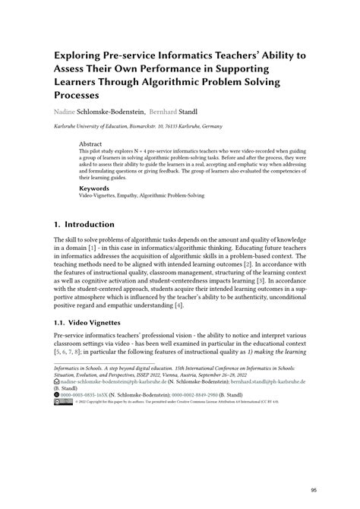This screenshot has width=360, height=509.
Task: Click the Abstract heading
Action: point(90,143)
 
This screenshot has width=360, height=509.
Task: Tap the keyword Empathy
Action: point(140,195)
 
